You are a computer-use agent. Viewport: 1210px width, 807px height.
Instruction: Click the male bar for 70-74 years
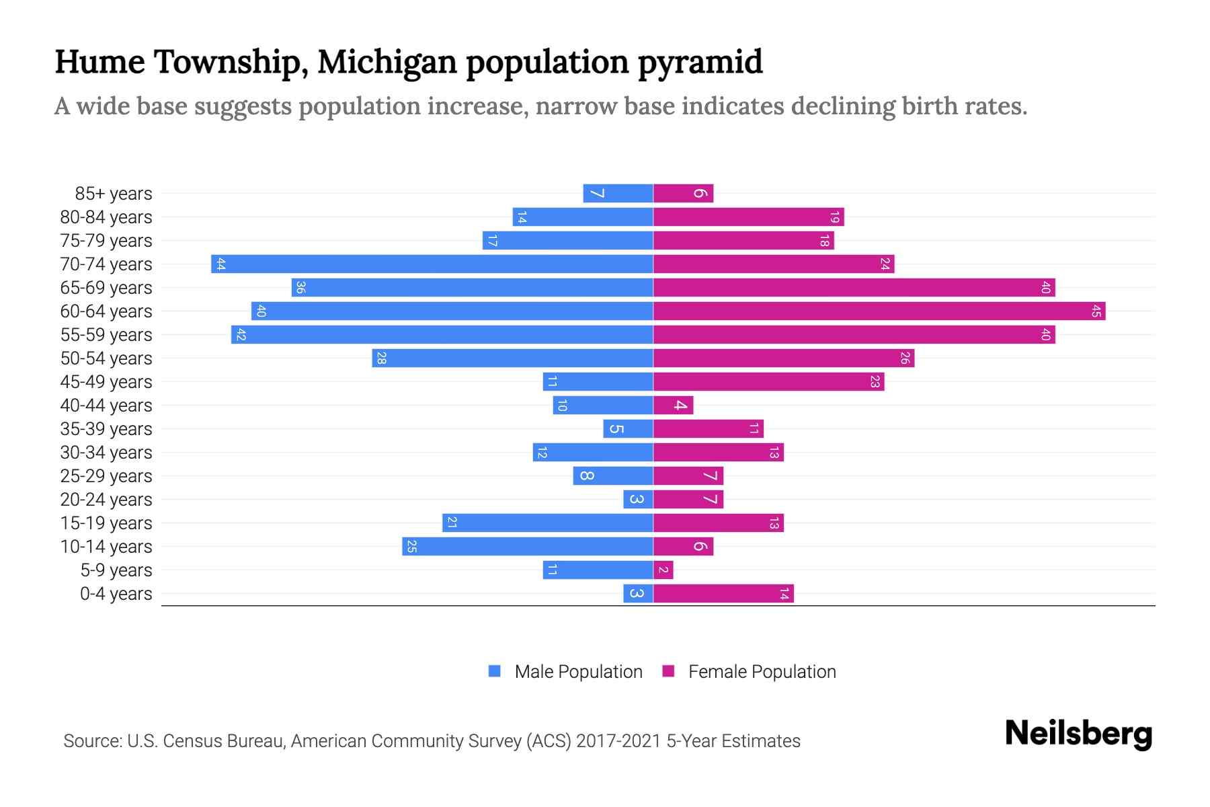tap(432, 264)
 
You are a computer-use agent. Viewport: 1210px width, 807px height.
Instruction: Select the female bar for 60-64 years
tap(879, 311)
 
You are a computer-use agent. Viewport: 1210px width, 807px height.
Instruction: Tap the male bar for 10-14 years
tap(528, 547)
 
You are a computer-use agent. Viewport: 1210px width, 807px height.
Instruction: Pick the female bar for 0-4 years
tap(723, 594)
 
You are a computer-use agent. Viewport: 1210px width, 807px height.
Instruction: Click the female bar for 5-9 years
tap(663, 570)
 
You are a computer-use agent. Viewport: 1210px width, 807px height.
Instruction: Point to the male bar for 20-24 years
tap(638, 500)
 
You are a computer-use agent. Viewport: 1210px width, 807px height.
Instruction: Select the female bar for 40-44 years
tap(673, 406)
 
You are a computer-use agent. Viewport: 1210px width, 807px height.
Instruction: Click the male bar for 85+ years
tap(618, 194)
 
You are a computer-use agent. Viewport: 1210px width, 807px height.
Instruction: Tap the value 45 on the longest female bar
tap(1096, 311)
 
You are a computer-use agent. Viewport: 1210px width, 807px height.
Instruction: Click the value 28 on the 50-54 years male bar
tap(381, 358)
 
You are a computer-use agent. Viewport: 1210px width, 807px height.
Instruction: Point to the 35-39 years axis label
tap(106, 429)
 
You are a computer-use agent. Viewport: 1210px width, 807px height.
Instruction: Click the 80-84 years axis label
tap(106, 217)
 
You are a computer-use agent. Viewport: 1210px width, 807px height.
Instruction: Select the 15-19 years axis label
tap(106, 523)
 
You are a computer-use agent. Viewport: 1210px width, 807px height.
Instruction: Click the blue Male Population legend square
tap(495, 671)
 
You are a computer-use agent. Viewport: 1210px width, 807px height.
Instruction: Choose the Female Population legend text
tap(762, 672)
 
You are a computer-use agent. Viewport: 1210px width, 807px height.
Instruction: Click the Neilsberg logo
tap(1078, 734)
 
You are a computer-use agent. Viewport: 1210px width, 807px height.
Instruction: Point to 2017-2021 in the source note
tap(618, 741)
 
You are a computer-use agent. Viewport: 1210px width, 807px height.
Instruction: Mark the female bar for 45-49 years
tap(768, 382)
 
